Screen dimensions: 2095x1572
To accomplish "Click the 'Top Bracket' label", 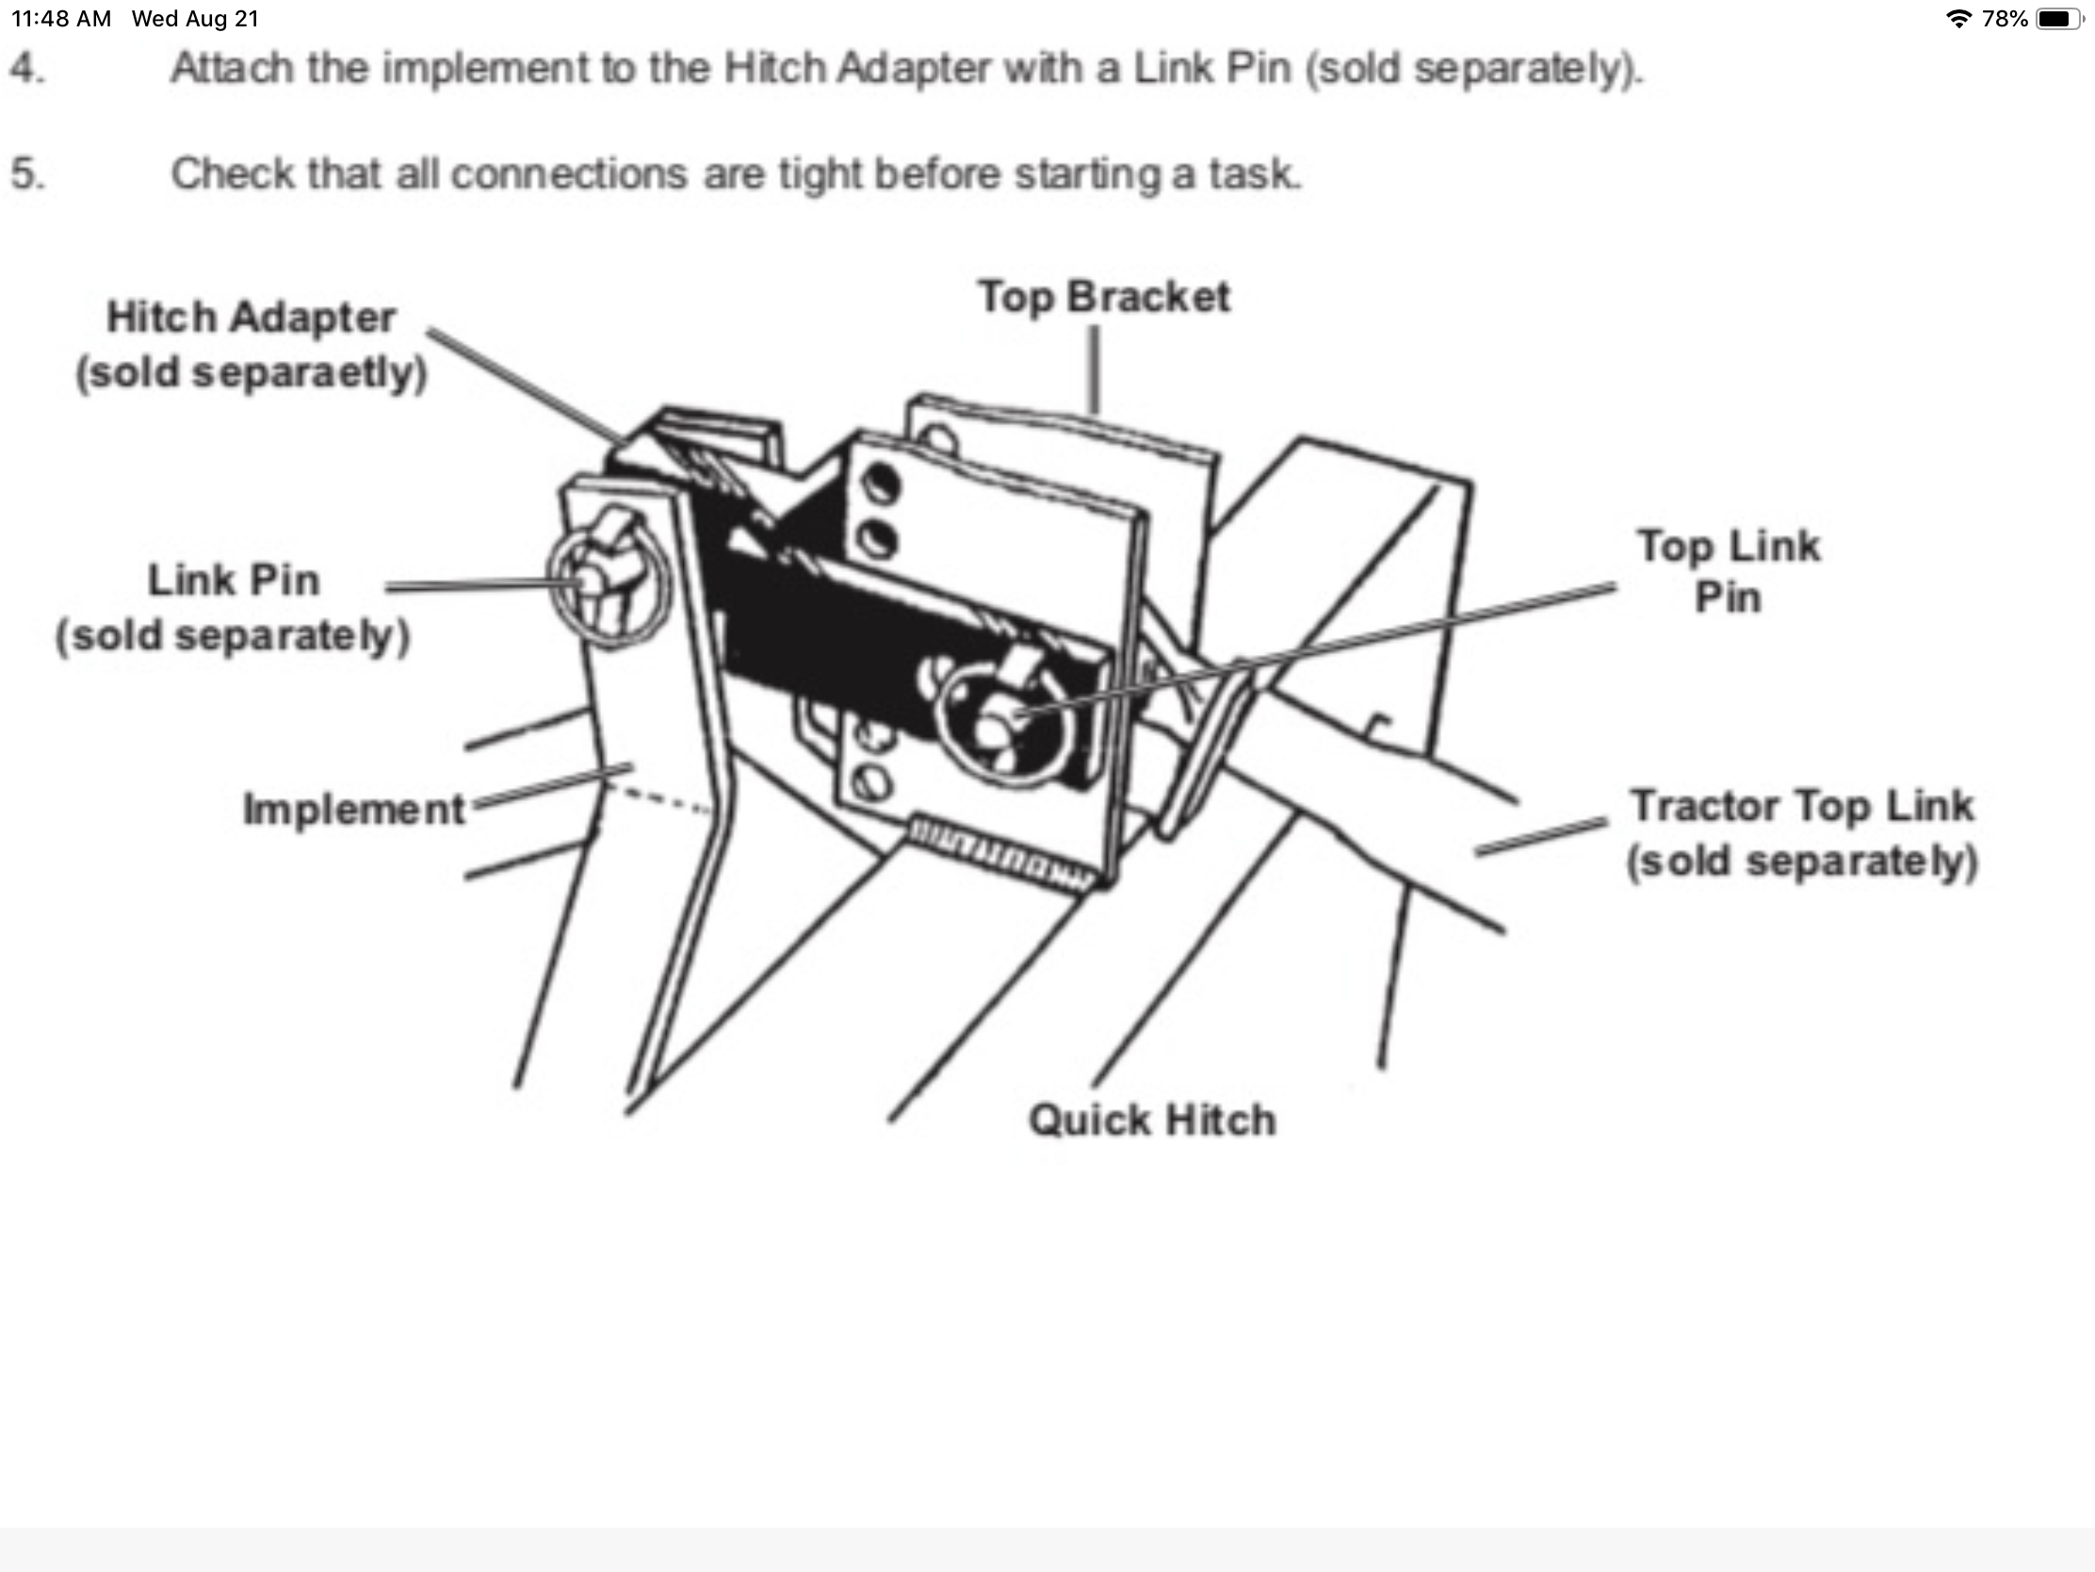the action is coord(1103,297).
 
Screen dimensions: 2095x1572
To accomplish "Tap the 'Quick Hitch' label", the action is coord(1153,1120).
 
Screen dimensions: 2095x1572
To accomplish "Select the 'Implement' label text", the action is coord(354,810).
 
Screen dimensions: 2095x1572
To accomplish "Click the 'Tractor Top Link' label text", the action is coord(1801,806).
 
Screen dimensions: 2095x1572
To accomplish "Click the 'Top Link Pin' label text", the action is coord(1729,571).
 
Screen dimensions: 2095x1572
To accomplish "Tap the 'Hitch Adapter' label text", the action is coord(251,318).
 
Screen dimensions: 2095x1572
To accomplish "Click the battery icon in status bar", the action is coord(2061,19).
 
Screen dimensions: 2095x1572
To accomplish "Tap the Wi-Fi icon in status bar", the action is coord(1957,19).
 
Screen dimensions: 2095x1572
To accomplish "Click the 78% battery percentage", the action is coord(2005,19).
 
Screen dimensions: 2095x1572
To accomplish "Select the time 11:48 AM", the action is coord(61,19).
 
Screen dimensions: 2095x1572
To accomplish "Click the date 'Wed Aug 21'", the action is coord(195,19).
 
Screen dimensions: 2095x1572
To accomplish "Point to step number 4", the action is coord(26,68).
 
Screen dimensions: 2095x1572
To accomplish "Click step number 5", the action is coord(26,173).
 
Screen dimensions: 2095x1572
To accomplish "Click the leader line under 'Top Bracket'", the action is coord(1095,369).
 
